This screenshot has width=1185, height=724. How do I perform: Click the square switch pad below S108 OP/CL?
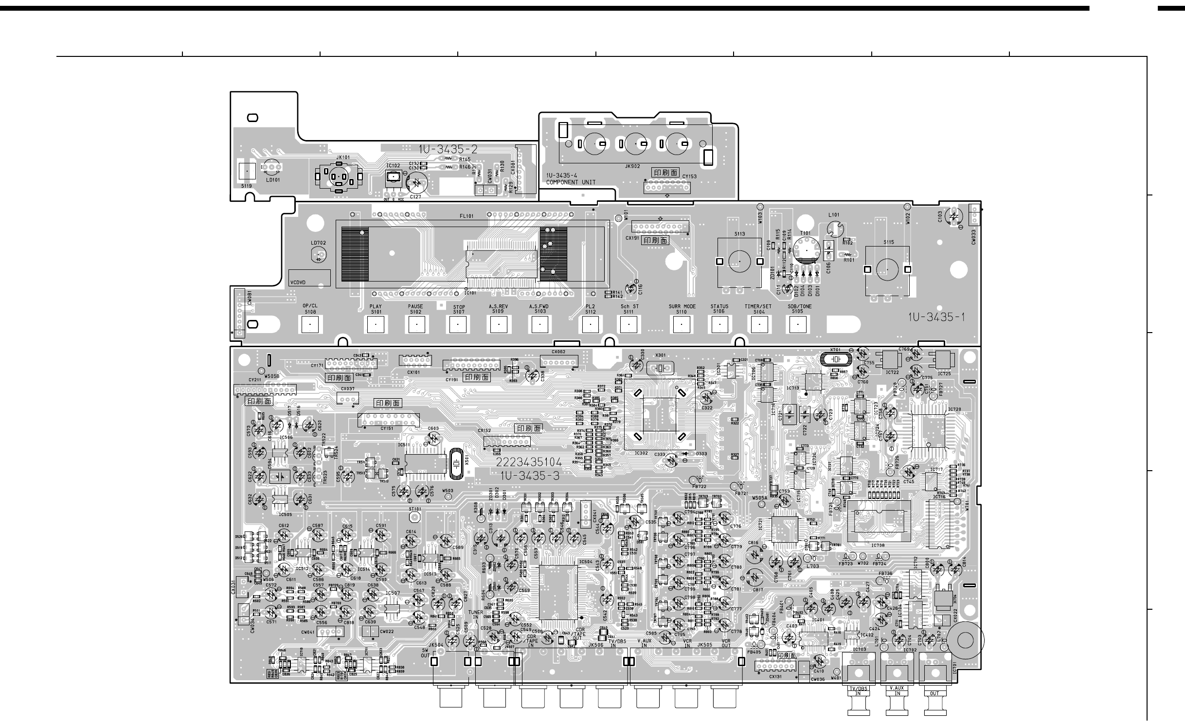(309, 324)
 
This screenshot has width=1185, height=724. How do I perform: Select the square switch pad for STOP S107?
(457, 324)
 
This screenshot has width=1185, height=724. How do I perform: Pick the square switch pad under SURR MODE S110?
(682, 324)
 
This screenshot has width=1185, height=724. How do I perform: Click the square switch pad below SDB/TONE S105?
(797, 324)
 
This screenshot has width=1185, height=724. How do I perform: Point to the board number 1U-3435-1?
(936, 318)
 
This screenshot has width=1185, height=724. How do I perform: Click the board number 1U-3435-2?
(448, 150)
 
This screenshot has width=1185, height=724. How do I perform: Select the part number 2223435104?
(529, 462)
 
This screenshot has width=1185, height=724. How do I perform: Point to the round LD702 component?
(319, 255)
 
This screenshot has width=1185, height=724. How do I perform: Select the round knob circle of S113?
(739, 262)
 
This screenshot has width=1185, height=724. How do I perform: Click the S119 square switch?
(247, 171)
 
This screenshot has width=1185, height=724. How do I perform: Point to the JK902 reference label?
(632, 166)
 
